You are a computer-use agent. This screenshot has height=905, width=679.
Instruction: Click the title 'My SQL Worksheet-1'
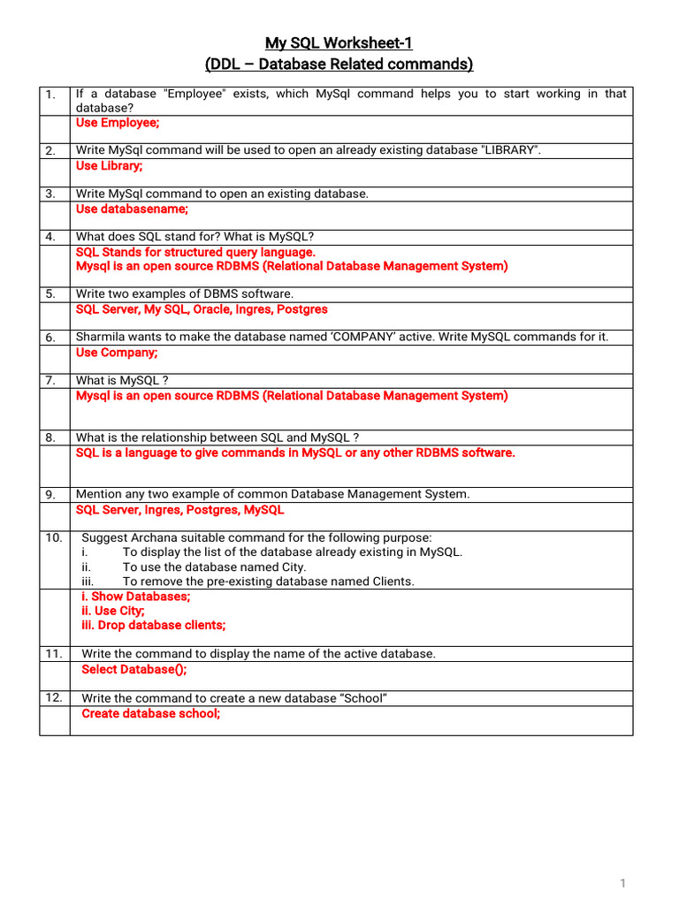[339, 42]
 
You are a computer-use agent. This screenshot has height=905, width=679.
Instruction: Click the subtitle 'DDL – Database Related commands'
[339, 65]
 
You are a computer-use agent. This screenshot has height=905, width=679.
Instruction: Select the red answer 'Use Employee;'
[118, 123]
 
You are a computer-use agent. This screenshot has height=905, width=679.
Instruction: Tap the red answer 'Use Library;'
[109, 166]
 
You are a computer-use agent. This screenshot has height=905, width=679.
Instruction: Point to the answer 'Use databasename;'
[132, 209]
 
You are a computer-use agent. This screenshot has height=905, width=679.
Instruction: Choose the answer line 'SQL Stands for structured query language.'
[195, 252]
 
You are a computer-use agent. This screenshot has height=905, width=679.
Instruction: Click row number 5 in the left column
[50, 294]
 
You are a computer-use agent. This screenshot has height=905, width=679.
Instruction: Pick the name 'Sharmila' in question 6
[102, 337]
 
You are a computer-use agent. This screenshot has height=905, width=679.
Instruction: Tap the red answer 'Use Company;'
[117, 353]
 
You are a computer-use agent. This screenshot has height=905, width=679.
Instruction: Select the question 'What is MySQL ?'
[122, 380]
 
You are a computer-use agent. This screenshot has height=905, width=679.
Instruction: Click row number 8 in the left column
[50, 438]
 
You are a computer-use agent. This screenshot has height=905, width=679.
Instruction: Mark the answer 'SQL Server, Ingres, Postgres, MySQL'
[180, 510]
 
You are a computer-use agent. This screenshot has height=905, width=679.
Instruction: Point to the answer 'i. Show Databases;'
[135, 597]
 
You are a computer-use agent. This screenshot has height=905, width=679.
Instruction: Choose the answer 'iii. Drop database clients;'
[153, 625]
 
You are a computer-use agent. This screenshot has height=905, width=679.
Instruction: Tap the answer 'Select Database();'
[134, 669]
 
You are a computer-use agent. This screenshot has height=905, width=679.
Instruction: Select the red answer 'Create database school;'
[150, 713]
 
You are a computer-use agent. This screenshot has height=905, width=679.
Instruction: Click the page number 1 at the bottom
[622, 884]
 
